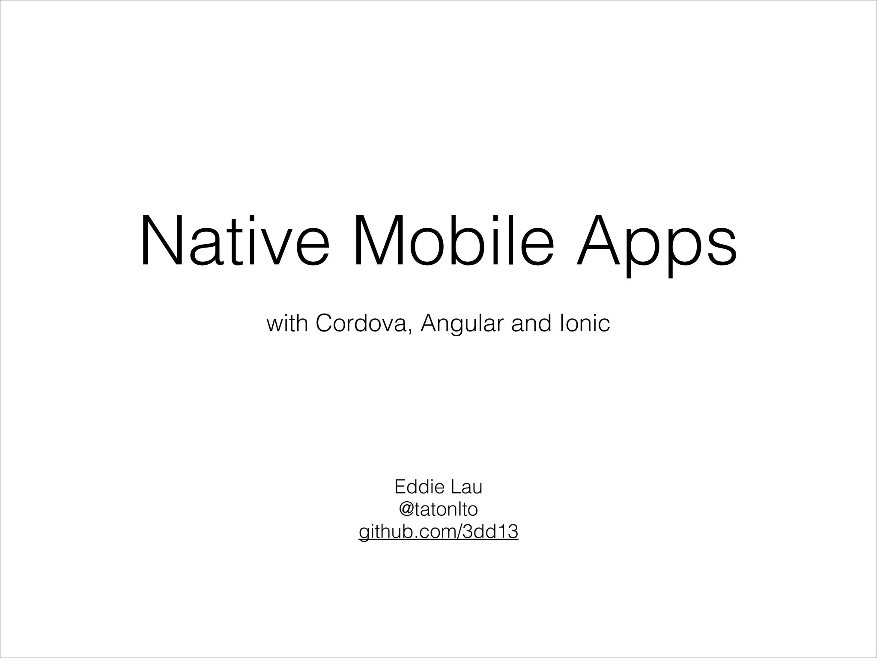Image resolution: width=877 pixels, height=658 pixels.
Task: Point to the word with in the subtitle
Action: pos(287,323)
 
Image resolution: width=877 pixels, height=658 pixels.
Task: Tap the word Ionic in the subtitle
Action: pos(585,323)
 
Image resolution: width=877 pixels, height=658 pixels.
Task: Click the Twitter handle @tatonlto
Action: pos(438,510)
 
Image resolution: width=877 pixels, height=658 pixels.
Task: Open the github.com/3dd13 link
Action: pos(438,532)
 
